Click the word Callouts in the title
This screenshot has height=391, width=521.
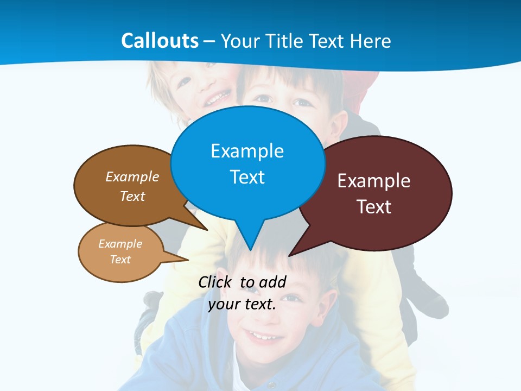[x=160, y=41]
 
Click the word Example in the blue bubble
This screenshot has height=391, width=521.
[x=247, y=151]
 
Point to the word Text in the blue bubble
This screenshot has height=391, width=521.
[x=247, y=177]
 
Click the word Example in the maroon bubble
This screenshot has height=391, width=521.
[x=373, y=181]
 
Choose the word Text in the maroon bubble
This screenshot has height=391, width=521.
[x=374, y=207]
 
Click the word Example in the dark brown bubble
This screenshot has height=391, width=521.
[x=132, y=177]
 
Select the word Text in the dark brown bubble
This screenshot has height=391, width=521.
[x=132, y=196]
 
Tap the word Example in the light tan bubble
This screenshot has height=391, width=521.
[x=120, y=244]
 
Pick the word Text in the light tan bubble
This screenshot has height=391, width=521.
[x=120, y=260]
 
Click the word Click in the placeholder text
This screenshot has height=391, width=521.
[x=215, y=282]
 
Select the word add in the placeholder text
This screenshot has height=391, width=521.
[x=272, y=282]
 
